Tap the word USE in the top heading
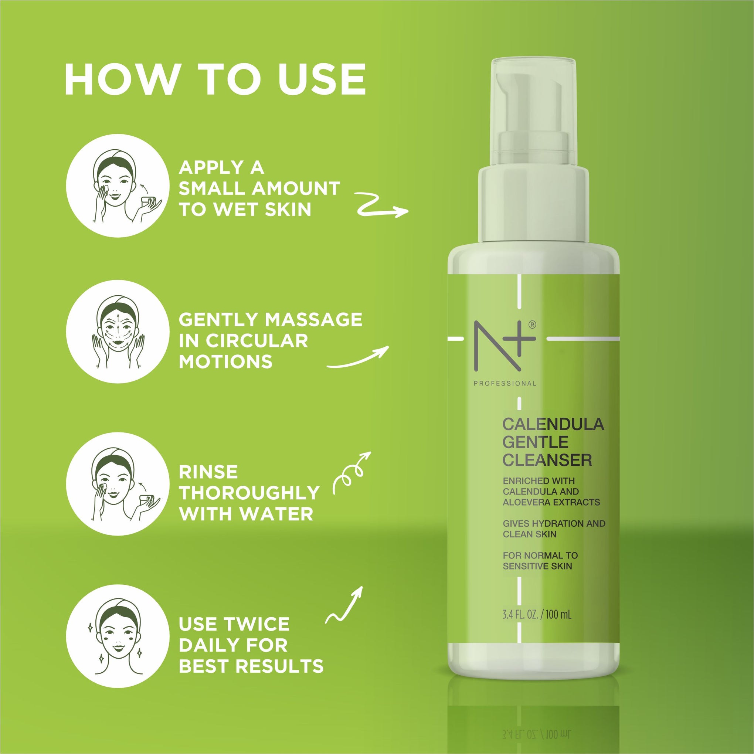click(322, 79)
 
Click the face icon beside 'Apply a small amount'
click(118, 186)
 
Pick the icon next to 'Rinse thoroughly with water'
click(118, 484)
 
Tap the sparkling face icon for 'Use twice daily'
click(118, 636)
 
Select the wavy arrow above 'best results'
click(344, 605)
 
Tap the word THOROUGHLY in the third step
click(249, 493)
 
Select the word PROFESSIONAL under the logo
click(505, 384)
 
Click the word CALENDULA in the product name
click(553, 425)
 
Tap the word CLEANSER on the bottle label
click(547, 461)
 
